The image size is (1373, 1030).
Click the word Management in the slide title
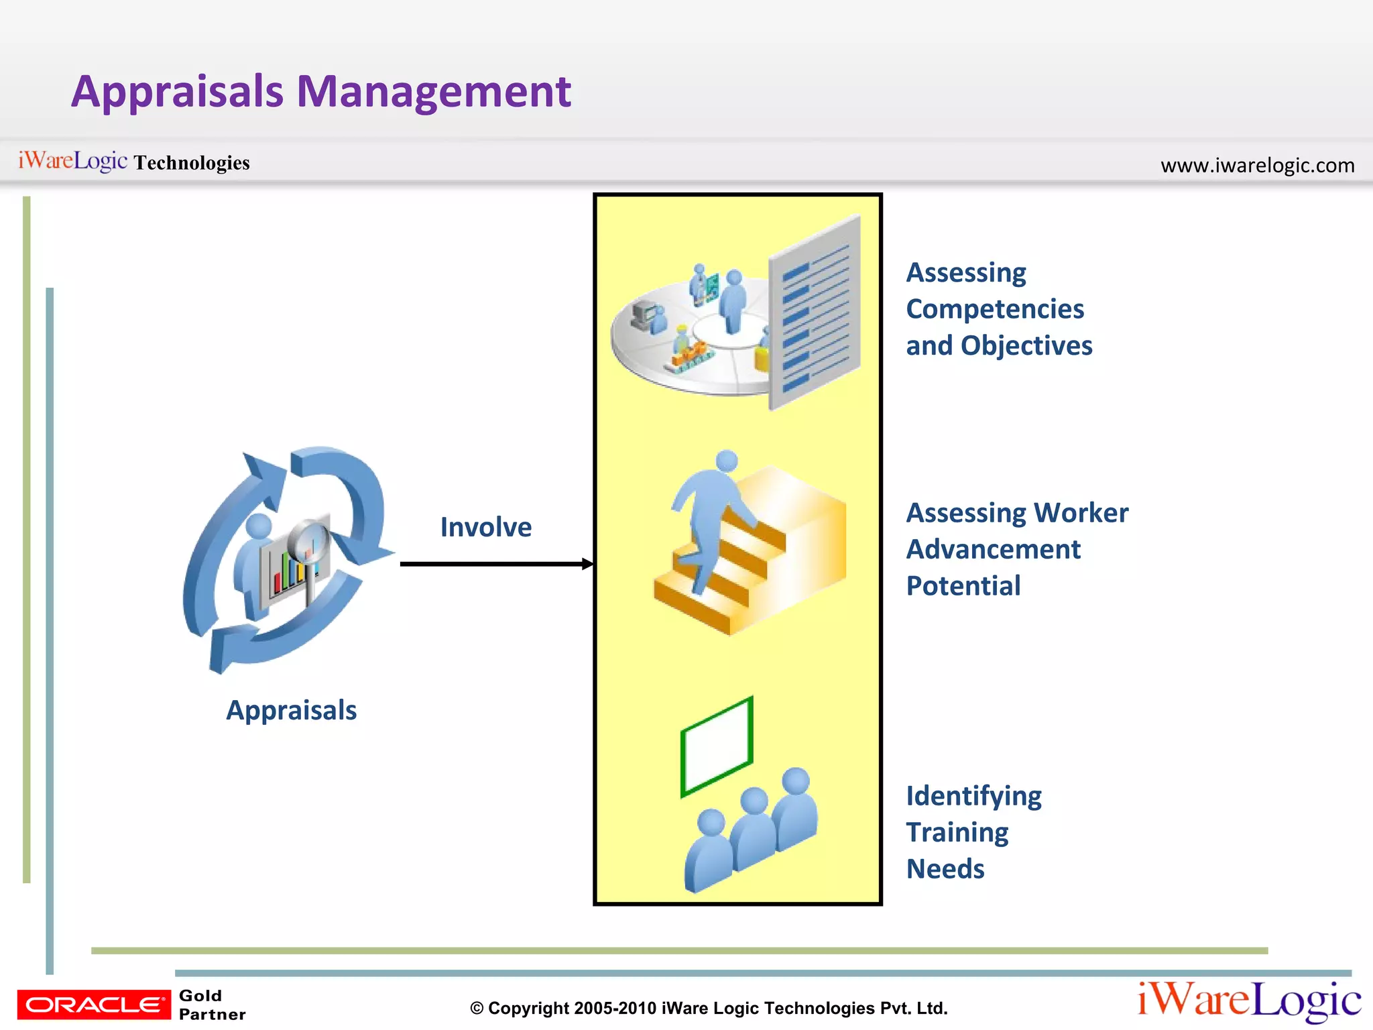(x=434, y=92)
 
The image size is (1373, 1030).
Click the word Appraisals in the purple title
(x=178, y=92)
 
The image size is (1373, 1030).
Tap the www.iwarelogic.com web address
(x=1257, y=165)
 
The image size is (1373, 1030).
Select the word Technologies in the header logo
(x=192, y=163)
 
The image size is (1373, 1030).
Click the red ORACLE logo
(x=94, y=1005)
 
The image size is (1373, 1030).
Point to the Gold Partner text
(x=212, y=1005)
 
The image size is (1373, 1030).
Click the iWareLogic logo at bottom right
(x=1249, y=1001)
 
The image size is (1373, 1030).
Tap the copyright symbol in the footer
(x=477, y=1009)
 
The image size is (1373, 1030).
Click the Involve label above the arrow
(x=486, y=527)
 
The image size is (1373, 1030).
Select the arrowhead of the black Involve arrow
(x=588, y=564)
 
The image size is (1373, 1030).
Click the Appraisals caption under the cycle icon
(x=291, y=710)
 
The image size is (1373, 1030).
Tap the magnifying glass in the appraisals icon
(x=309, y=540)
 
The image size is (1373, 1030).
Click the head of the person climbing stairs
(x=727, y=461)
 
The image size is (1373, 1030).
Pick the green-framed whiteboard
(x=717, y=746)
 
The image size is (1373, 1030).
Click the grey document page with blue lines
(x=815, y=312)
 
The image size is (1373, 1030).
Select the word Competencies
(x=995, y=309)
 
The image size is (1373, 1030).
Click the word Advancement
(x=993, y=549)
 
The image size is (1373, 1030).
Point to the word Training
(x=957, y=832)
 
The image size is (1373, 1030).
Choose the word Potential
(x=963, y=585)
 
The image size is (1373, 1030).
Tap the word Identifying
(x=973, y=796)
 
